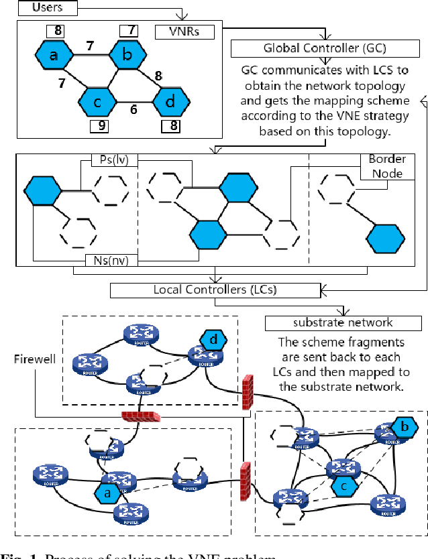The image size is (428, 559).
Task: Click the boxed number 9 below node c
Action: [99, 125]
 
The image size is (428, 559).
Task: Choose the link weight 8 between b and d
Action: [159, 76]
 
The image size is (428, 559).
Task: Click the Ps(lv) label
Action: [113, 160]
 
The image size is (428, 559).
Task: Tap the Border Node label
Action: [386, 167]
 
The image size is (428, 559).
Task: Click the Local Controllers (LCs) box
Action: [215, 290]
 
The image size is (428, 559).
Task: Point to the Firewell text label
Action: [31, 359]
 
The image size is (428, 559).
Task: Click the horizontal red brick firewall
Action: [142, 416]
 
